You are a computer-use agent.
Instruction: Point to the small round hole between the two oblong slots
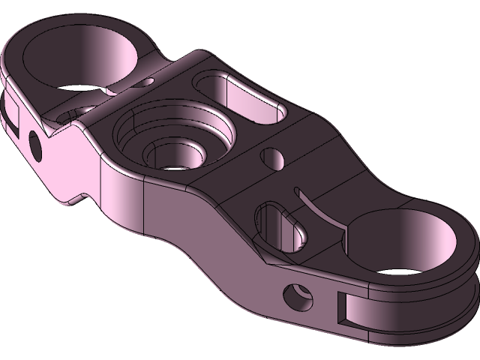[271, 158]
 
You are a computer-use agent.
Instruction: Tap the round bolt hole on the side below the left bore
[34, 142]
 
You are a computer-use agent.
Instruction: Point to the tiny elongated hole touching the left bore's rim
[149, 79]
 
